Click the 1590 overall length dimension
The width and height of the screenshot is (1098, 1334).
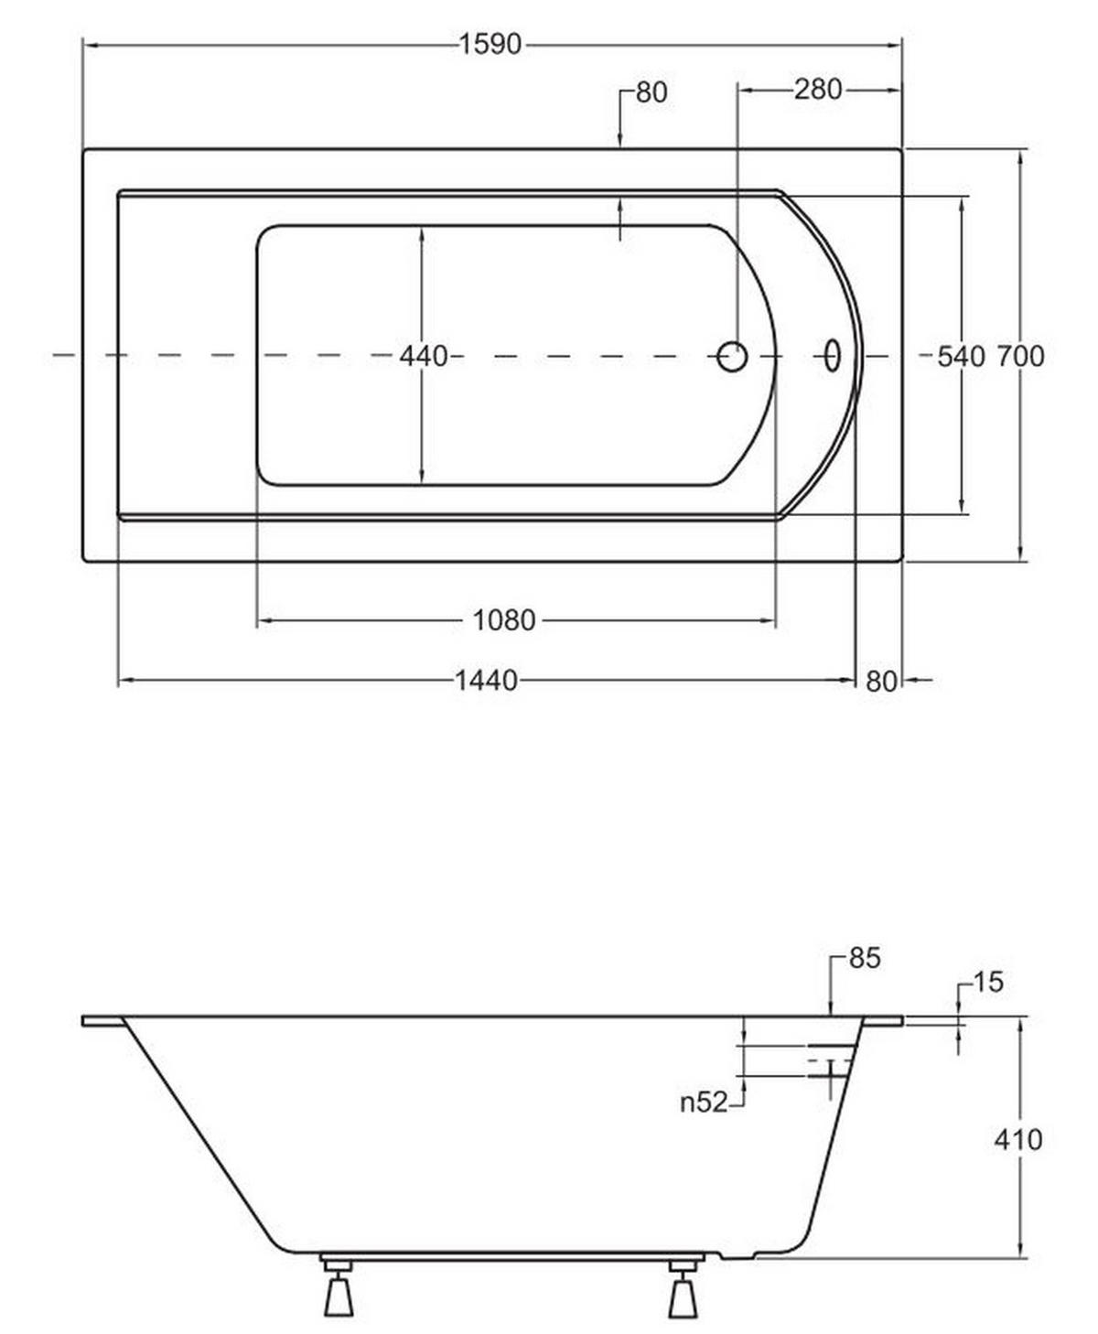click(490, 45)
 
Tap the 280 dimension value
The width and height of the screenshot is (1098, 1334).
click(818, 90)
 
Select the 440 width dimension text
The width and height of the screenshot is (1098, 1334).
click(423, 357)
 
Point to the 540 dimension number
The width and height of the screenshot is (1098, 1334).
click(961, 357)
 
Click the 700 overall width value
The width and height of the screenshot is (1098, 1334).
click(1021, 357)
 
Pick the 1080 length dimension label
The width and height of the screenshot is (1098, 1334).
click(504, 620)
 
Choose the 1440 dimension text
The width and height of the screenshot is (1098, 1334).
click(487, 681)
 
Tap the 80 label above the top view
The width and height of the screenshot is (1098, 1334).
click(651, 92)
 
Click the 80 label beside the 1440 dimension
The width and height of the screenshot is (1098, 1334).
click(881, 682)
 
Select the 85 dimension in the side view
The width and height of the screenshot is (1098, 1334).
click(865, 958)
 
